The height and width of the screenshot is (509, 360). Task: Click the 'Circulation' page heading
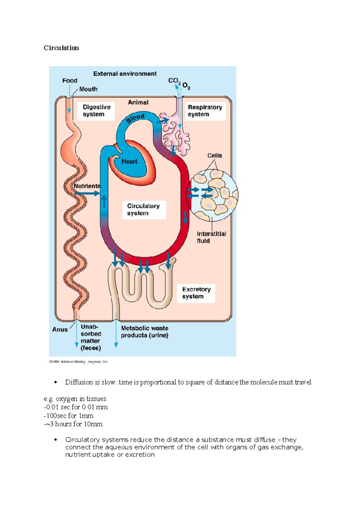point(61,48)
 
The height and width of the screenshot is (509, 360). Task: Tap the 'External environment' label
point(125,74)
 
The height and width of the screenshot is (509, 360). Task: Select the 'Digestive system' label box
point(96,111)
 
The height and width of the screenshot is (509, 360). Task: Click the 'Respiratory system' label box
point(205,111)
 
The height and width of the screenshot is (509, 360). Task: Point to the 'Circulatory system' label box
point(144,210)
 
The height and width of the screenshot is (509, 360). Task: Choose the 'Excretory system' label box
point(196,293)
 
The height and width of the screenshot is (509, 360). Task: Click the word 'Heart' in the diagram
point(129,162)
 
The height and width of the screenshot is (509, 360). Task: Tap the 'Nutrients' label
point(87,186)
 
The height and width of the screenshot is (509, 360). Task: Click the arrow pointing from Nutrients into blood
point(87,194)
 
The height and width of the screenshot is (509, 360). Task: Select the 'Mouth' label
point(88,89)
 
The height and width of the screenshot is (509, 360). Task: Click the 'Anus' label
point(60,329)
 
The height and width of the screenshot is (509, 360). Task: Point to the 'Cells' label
point(215,156)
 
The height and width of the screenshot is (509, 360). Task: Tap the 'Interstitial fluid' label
point(211,237)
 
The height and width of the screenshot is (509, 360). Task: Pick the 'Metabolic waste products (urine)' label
point(145,332)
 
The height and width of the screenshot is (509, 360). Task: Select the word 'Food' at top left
point(70,80)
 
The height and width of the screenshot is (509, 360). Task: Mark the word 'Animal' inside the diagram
point(138,103)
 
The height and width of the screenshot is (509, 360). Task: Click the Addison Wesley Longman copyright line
point(78,362)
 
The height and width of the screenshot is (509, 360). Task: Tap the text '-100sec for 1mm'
point(68,416)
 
